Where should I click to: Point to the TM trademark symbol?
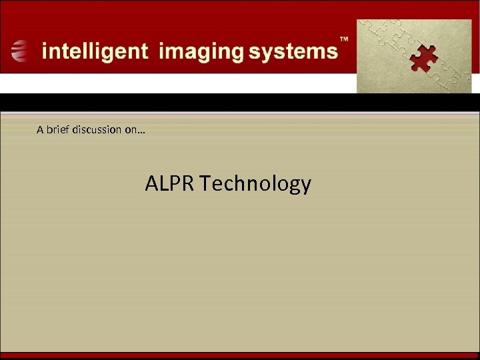345,40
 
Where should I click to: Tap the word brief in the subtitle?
57,129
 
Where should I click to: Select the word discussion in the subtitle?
96,129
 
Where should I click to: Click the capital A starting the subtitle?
40,129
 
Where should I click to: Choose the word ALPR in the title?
170,183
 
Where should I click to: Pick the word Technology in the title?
255,183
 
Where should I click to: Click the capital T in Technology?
204,183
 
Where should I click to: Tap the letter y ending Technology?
305,186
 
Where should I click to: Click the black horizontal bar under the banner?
240,102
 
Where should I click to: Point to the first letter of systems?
257,52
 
